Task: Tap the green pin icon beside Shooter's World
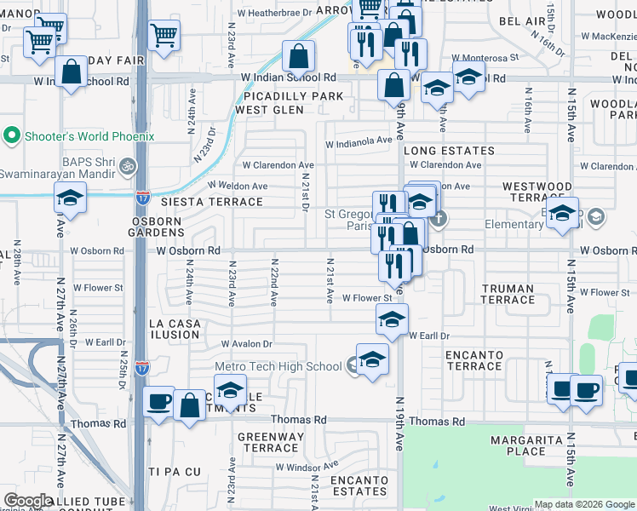[x=12, y=136]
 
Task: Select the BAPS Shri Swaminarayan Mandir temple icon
[x=128, y=166]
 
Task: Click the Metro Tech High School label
[x=278, y=367]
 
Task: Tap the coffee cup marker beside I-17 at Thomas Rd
[x=159, y=402]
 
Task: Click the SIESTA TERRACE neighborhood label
[x=212, y=202]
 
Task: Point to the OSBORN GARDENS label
[x=157, y=227]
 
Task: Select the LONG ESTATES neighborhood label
[x=437, y=151]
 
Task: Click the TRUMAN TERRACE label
[x=508, y=294]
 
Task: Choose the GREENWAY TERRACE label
[x=271, y=443]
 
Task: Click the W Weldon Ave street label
[x=238, y=187]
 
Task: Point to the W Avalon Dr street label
[x=246, y=344]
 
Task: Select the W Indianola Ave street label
[x=358, y=141]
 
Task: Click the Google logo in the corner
[x=28, y=501]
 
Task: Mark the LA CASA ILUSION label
[x=174, y=329]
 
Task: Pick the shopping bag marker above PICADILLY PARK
[x=299, y=57]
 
